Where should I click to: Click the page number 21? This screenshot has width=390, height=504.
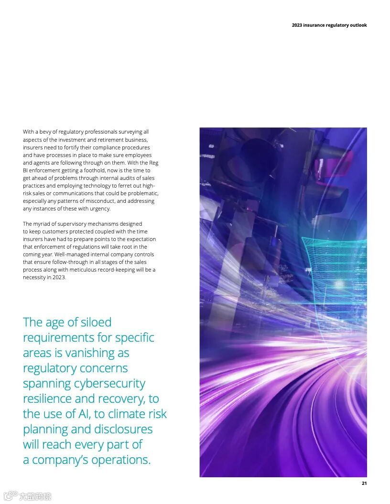(364, 483)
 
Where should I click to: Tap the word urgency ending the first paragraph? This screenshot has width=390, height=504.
(100, 209)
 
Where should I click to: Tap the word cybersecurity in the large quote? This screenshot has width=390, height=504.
(109, 383)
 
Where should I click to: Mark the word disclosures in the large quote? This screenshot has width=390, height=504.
(123, 429)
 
